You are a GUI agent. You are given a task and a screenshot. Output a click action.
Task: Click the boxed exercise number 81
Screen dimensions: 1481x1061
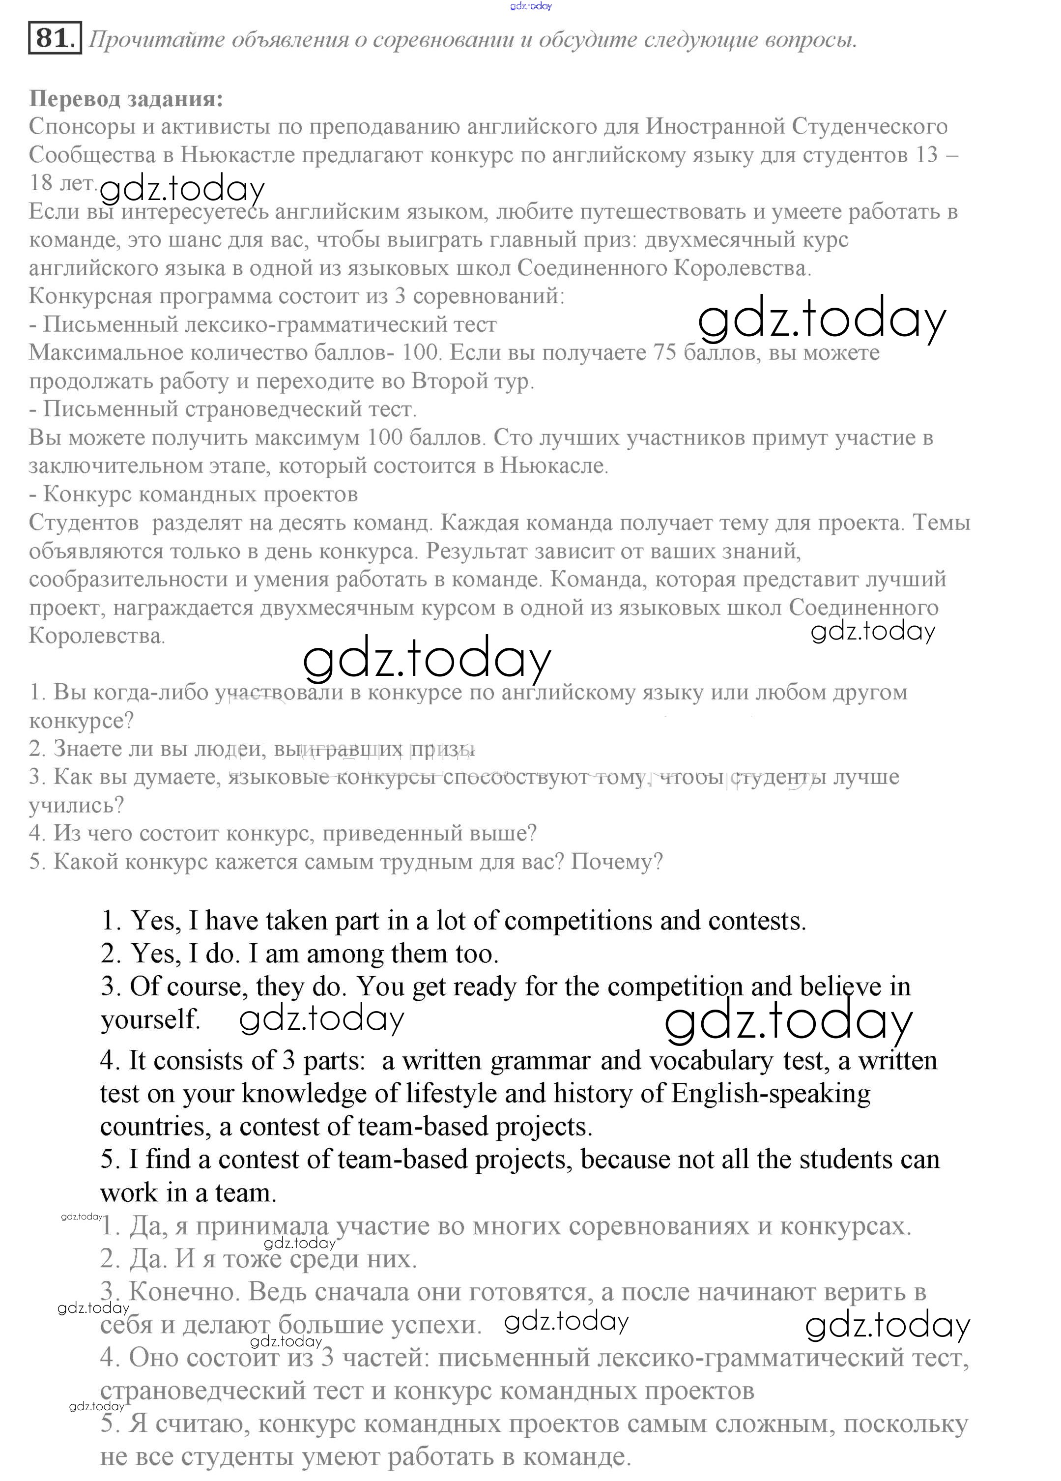click(54, 38)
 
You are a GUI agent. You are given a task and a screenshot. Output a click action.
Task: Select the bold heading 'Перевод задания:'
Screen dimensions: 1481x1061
click(126, 99)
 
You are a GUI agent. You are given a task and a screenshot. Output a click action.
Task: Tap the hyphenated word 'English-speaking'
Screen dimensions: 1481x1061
click(771, 1093)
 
